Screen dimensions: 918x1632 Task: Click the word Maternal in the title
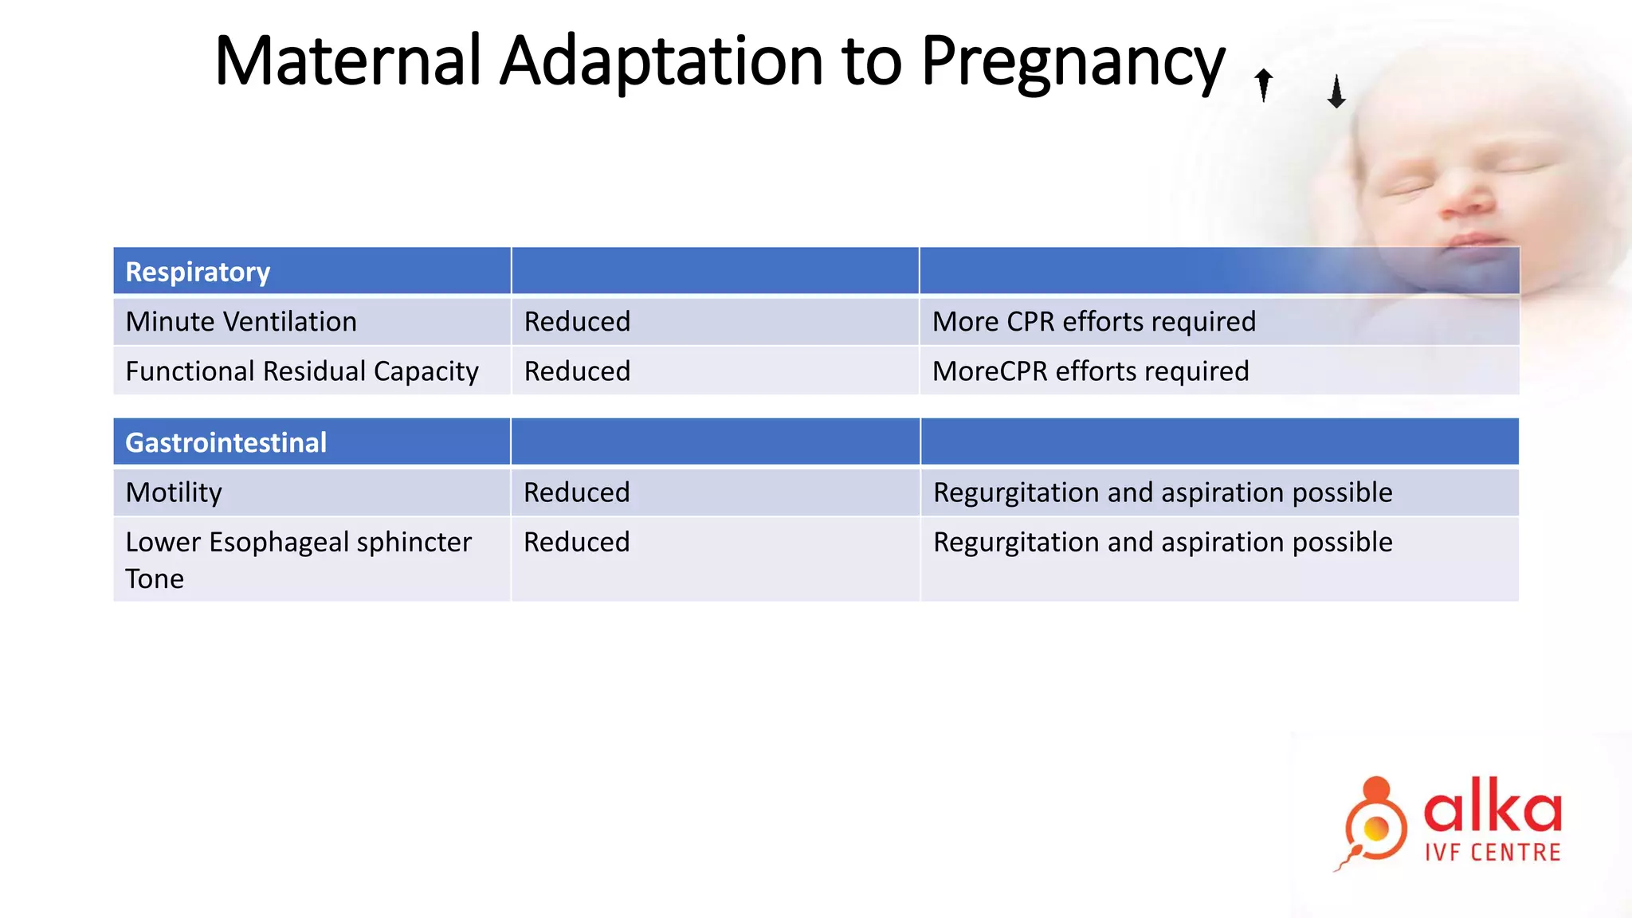[x=348, y=61]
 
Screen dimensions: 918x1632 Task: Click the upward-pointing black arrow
[x=1263, y=84]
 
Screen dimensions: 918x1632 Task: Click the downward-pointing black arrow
[x=1336, y=92]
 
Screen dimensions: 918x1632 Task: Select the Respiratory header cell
[x=198, y=272]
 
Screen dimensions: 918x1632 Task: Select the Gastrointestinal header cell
[x=226, y=442]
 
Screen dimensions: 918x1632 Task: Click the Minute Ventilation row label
[x=241, y=321]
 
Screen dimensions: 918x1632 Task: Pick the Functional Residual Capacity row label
[x=302, y=371]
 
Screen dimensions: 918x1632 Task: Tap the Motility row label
[x=174, y=492]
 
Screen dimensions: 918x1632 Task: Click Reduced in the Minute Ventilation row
[x=577, y=321]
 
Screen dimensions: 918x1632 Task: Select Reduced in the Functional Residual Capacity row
[x=577, y=371]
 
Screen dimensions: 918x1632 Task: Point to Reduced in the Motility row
[x=576, y=492]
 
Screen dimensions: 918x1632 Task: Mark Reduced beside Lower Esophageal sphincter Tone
[x=576, y=542]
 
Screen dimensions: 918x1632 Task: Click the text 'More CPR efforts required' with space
[x=1093, y=321]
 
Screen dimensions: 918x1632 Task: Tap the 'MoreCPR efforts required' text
[x=1090, y=371]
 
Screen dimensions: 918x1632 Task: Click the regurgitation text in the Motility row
[x=1162, y=492]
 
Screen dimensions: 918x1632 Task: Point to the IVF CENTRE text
[x=1492, y=853]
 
